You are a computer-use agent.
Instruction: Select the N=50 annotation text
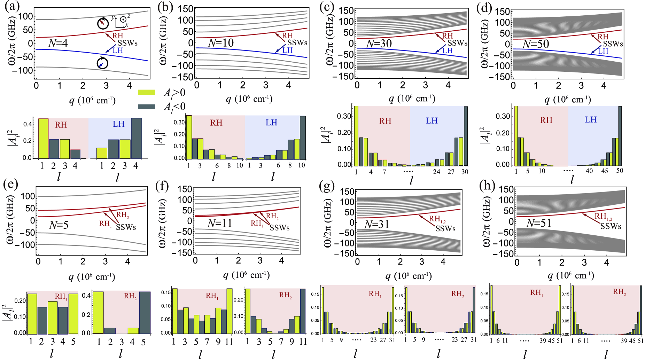point(536,44)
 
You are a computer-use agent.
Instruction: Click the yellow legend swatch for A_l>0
point(146,92)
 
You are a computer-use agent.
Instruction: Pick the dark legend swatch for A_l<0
point(146,106)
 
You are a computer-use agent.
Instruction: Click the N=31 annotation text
point(376,224)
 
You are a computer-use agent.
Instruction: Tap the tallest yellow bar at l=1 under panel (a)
point(43,139)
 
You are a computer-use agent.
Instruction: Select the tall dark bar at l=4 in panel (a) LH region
point(136,138)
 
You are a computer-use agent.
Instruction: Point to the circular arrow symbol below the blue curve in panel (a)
point(102,63)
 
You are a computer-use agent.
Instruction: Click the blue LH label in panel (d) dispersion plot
point(603,51)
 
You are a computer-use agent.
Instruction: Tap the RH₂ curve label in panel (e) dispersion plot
point(122,215)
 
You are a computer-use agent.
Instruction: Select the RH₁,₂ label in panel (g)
point(437,219)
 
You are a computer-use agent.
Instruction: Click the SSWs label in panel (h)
point(611,226)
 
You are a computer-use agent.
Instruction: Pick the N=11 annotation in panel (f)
point(219,223)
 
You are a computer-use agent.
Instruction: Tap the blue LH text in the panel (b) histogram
point(271,123)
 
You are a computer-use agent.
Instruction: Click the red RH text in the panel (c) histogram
point(385,121)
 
